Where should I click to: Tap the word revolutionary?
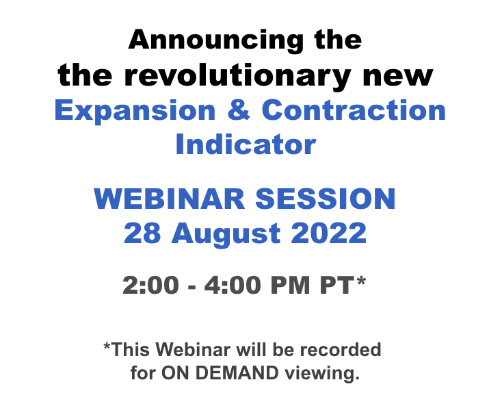click(237, 76)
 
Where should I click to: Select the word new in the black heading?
click(398, 77)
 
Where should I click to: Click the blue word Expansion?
click(135, 111)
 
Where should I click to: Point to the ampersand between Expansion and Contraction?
click(239, 110)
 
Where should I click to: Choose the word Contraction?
click(354, 110)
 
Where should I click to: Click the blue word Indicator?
click(246, 144)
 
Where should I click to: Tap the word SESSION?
click(326, 199)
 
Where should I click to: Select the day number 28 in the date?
click(142, 233)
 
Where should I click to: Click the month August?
click(226, 234)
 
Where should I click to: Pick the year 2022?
click(328, 233)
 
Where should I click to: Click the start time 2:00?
click(150, 285)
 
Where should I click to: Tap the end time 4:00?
click(233, 285)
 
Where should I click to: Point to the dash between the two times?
click(191, 287)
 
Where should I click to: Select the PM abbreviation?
click(291, 285)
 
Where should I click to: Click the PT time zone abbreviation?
click(337, 285)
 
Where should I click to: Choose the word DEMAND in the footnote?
click(237, 373)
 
